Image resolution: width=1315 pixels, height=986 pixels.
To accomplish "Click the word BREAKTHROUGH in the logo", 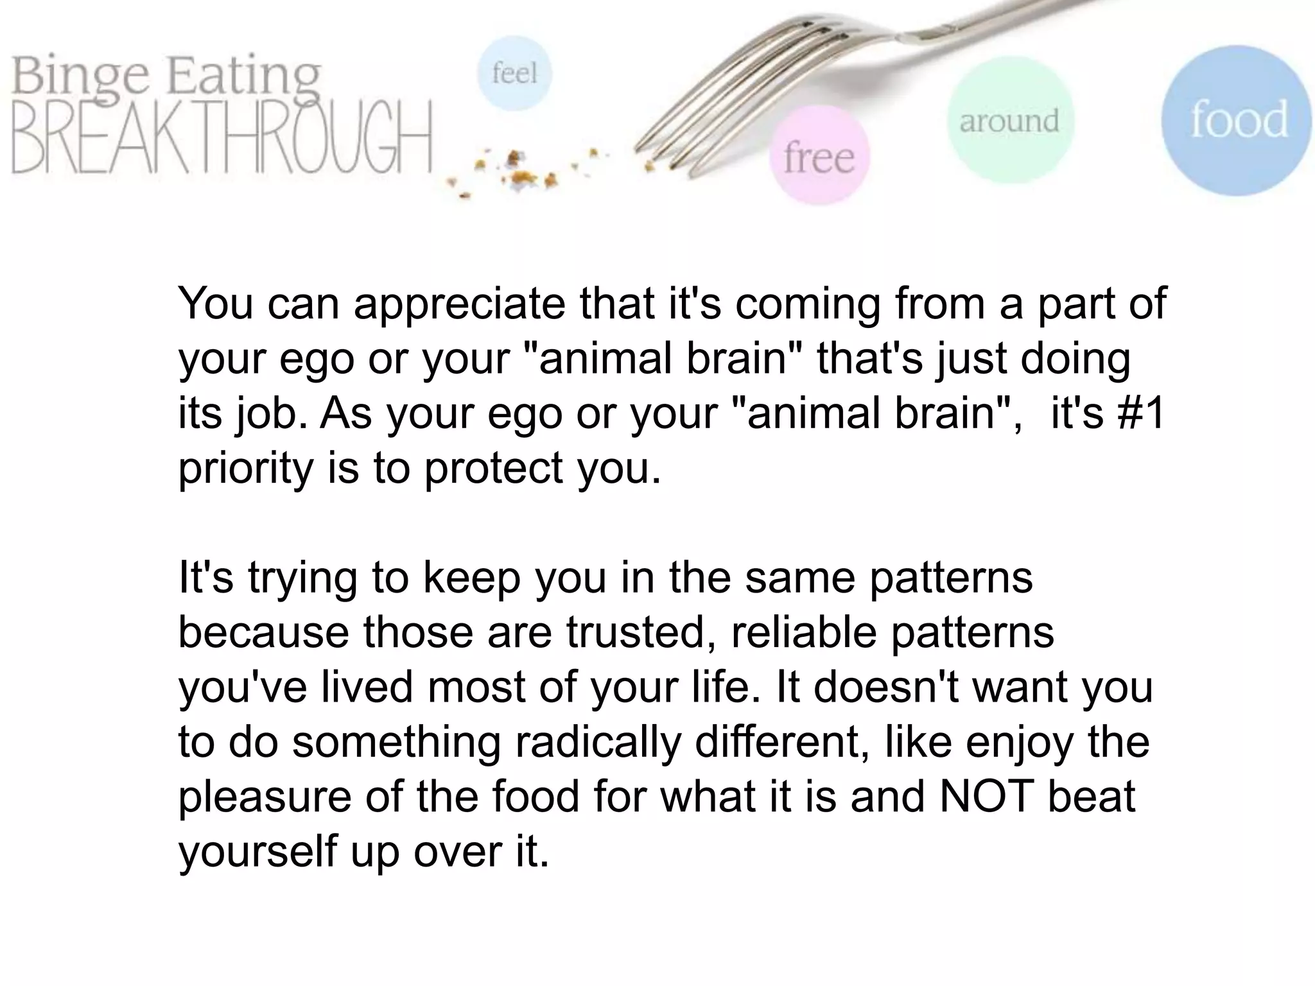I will [x=222, y=138].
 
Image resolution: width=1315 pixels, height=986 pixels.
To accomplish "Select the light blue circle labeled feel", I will [x=514, y=73].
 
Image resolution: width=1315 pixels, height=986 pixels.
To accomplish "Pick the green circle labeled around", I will [x=1009, y=121].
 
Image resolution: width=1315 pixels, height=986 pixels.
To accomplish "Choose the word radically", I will [x=597, y=741].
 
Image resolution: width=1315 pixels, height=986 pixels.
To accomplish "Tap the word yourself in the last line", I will [x=257, y=851].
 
